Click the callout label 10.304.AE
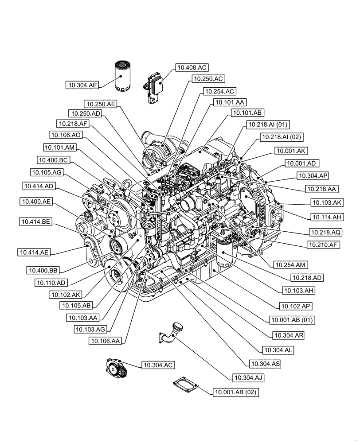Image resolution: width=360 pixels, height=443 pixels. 82,85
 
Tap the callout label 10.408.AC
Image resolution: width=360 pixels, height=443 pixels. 192,68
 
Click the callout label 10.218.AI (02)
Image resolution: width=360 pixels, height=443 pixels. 282,137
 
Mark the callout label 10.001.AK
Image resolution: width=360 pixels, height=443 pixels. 291,151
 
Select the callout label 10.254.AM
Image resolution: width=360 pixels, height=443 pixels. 291,265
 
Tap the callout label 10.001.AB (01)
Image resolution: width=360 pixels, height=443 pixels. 289,319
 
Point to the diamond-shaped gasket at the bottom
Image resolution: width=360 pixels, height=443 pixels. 186,383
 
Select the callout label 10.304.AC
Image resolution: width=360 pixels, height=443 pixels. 157,365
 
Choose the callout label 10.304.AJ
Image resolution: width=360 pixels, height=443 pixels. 247,378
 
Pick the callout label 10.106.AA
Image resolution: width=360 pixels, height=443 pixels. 106,341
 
